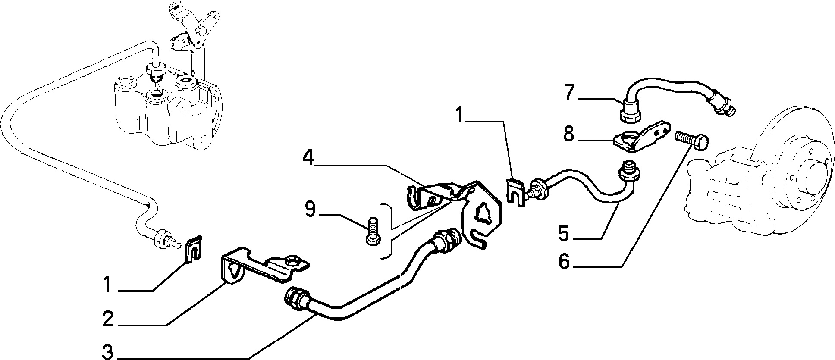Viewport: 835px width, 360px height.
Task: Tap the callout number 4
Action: tap(308, 158)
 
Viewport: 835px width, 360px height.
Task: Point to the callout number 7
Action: tap(570, 93)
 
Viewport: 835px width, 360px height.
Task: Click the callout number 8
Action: tap(569, 135)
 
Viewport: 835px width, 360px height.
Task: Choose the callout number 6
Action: tap(565, 261)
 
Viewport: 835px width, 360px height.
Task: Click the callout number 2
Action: tap(107, 319)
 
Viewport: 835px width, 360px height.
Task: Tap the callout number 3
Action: tap(107, 352)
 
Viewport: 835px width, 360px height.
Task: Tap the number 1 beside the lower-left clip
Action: tap(107, 285)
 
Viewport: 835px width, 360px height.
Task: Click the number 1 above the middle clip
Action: tap(460, 116)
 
